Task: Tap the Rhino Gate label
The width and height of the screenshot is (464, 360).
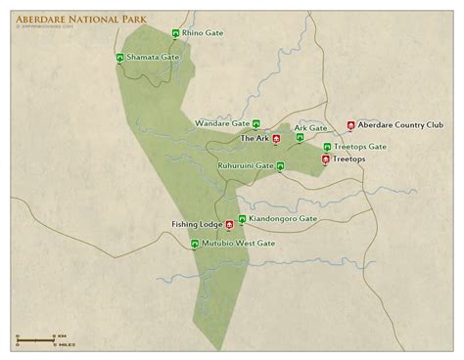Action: click(x=204, y=33)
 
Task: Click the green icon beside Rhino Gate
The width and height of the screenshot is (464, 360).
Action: click(x=175, y=34)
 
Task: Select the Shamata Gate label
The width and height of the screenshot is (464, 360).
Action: click(x=156, y=58)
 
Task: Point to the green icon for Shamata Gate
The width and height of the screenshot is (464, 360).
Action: click(x=119, y=59)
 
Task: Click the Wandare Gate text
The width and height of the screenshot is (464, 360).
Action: click(x=221, y=124)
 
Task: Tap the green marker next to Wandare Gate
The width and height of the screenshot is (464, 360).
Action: click(x=256, y=124)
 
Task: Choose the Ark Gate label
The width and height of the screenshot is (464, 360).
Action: click(x=310, y=127)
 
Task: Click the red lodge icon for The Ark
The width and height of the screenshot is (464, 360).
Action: click(x=277, y=139)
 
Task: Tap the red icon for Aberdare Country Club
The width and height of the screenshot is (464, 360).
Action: click(x=351, y=125)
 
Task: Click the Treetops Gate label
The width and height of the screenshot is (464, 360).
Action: click(x=360, y=147)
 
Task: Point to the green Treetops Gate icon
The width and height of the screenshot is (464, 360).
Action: click(x=327, y=148)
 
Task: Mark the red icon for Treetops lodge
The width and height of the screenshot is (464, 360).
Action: click(x=326, y=158)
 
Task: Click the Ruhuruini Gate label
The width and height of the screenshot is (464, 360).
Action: click(x=247, y=167)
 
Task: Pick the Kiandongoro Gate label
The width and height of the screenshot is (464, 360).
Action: click(x=283, y=218)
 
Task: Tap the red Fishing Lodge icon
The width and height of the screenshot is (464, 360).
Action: click(x=230, y=224)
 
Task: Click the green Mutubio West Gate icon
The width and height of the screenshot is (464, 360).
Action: click(x=195, y=244)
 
